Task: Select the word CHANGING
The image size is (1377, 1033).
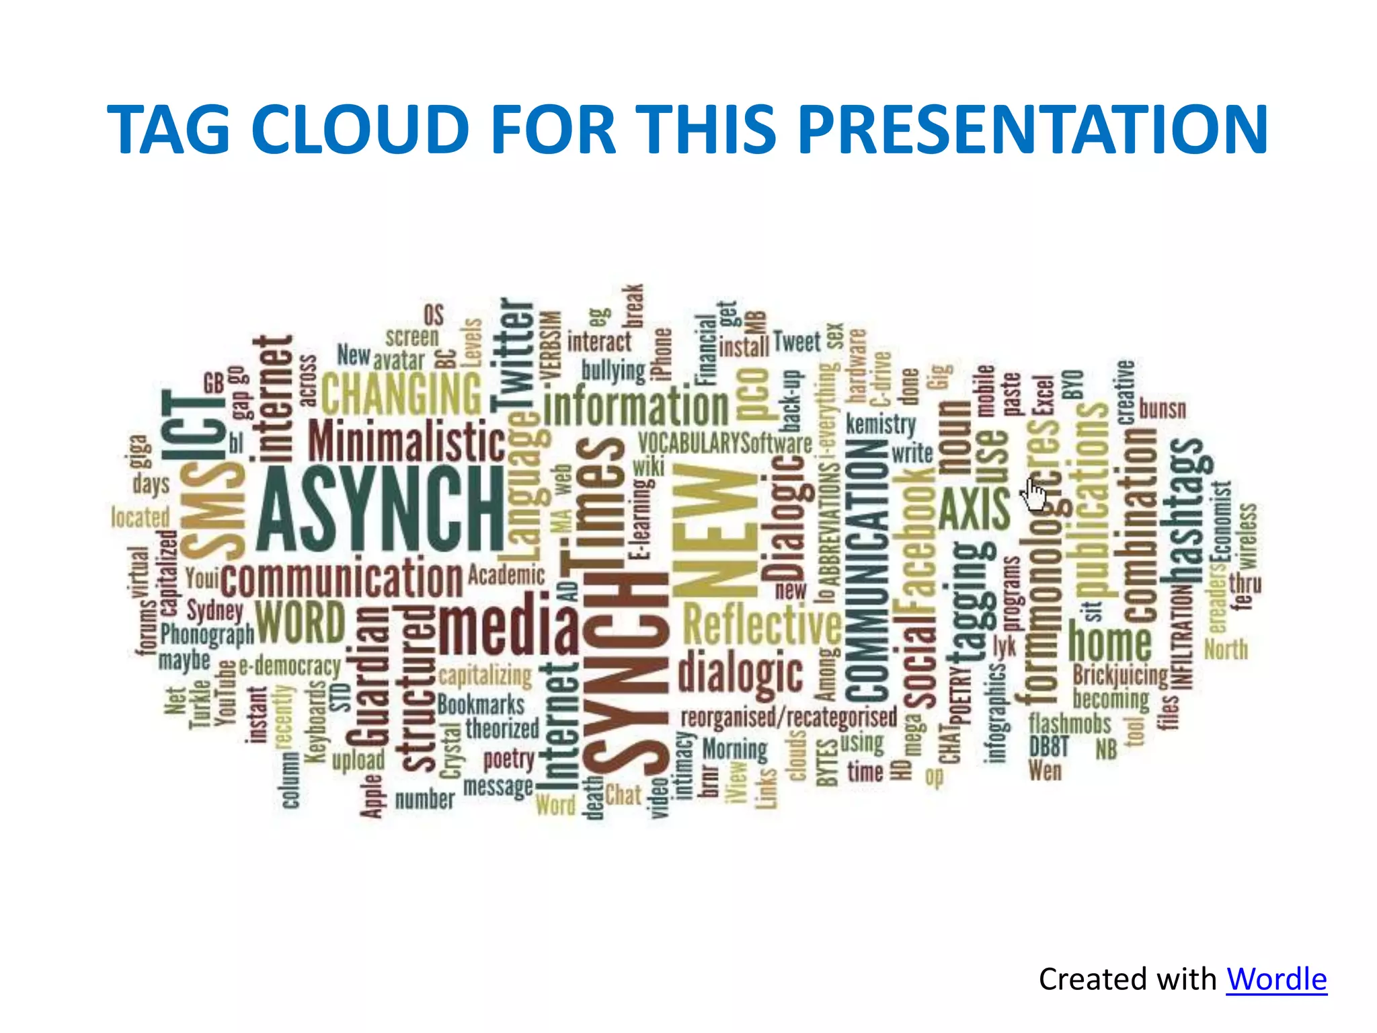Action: tap(401, 393)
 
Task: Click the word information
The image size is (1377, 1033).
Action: tap(635, 407)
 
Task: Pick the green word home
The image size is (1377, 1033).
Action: tap(1110, 642)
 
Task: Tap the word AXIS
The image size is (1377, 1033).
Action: tap(974, 509)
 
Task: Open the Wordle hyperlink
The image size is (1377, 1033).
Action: tap(1276, 979)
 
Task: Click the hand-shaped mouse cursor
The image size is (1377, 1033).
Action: tap(1035, 494)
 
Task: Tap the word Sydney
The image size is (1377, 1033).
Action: tap(214, 610)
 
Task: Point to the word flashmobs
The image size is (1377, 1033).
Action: tap(1070, 724)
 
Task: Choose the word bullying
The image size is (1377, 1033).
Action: tap(613, 369)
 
